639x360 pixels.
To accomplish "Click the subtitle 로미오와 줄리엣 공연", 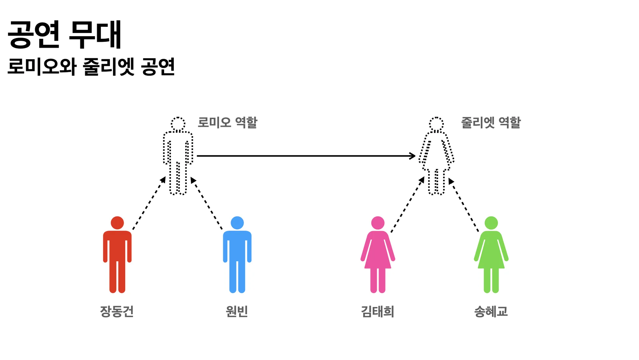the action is pyautogui.click(x=91, y=66).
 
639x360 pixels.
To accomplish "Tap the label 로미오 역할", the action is pyautogui.click(x=227, y=122).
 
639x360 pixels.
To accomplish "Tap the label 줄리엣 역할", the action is pyautogui.click(x=491, y=122).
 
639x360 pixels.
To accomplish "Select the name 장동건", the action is pyautogui.click(x=117, y=311).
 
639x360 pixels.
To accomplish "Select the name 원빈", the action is pyautogui.click(x=237, y=311).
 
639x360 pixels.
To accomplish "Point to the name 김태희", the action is pyautogui.click(x=378, y=311).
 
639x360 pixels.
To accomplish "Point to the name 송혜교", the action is pyautogui.click(x=491, y=311).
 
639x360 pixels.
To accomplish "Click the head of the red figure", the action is pyautogui.click(x=117, y=223).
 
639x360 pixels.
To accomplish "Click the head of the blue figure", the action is pyautogui.click(x=237, y=223).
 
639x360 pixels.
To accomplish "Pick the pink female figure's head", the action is pyautogui.click(x=378, y=223).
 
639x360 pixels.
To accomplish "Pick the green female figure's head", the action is pyautogui.click(x=491, y=223).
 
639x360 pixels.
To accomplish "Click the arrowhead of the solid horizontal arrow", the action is pyautogui.click(x=413, y=156).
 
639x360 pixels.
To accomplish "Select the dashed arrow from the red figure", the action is pyautogui.click(x=149, y=203).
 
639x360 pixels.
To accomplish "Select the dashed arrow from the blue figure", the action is pyautogui.click(x=207, y=203).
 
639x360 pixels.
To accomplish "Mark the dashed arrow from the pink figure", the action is pyautogui.click(x=408, y=204).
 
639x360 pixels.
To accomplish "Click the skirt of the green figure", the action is pyautogui.click(x=491, y=254).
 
